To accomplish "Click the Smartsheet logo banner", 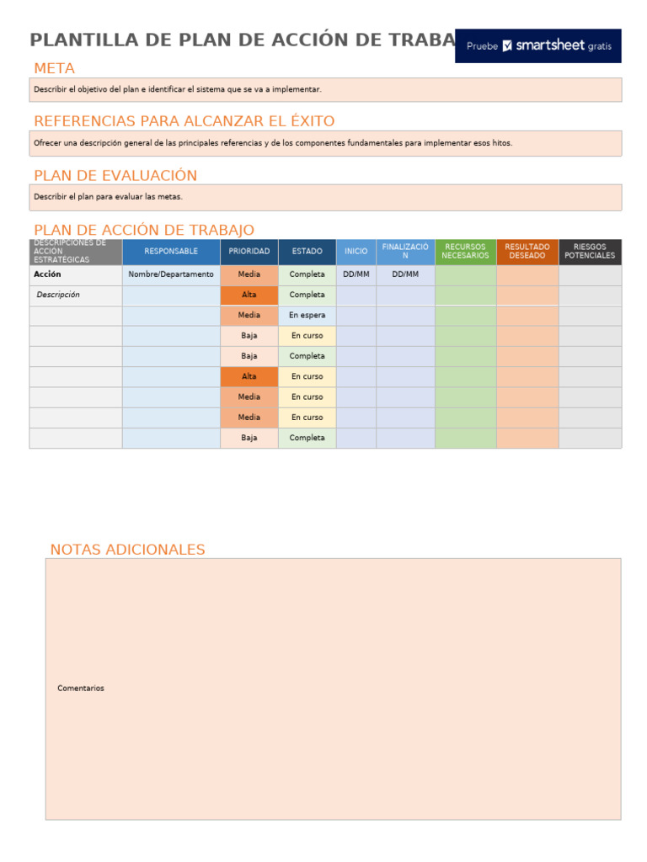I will (x=537, y=46).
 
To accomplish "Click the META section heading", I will (x=54, y=68).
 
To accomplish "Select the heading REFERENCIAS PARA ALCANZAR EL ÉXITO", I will (x=184, y=121).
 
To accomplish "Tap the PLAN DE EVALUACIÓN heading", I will (x=115, y=175).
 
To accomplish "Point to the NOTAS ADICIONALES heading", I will (x=127, y=550).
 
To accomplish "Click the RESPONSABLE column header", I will (x=171, y=252).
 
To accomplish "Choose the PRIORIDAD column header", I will (x=249, y=252).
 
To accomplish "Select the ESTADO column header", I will (x=307, y=252).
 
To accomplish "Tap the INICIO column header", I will (x=356, y=252).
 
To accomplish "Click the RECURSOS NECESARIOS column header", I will (x=465, y=252).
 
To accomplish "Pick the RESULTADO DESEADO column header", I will (x=527, y=252).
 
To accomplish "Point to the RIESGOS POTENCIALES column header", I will (x=590, y=252).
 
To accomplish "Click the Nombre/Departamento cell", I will (x=171, y=274).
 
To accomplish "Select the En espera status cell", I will (x=307, y=315).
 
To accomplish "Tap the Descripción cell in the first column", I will (x=58, y=295).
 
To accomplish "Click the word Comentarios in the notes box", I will (x=81, y=689).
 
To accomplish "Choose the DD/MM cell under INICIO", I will (x=356, y=274).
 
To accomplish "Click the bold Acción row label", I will (x=47, y=274).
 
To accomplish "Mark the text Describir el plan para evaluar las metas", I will (x=108, y=197).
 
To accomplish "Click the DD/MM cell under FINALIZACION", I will (x=405, y=274).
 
